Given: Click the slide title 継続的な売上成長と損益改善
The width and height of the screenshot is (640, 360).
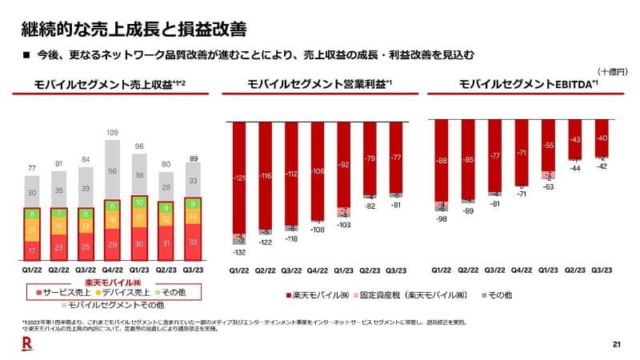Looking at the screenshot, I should [x=131, y=28].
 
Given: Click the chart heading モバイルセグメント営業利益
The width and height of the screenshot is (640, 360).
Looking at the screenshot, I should [x=320, y=84].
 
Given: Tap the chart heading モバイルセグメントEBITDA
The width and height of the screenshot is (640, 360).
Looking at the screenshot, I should [x=528, y=84].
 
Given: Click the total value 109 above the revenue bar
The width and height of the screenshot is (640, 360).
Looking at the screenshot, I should [x=113, y=131].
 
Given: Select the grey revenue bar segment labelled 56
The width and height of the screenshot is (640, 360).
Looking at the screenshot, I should [x=113, y=170].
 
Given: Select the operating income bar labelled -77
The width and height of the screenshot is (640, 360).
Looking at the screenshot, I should [x=395, y=157].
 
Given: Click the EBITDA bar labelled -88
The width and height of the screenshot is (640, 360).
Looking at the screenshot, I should [x=442, y=160].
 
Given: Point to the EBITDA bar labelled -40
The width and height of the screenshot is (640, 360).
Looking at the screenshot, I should [x=601, y=138].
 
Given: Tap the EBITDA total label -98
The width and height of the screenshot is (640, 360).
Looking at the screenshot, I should [x=442, y=218].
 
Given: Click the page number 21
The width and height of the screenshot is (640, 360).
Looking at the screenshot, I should [x=616, y=345].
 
